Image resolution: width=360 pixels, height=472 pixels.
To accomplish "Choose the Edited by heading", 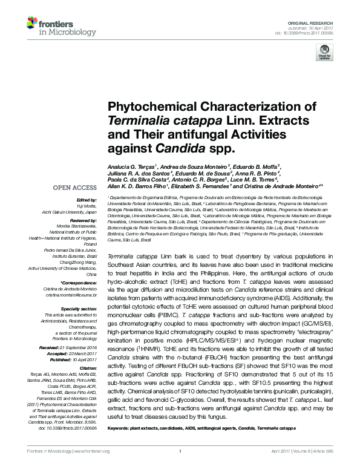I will click(x=85, y=199).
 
